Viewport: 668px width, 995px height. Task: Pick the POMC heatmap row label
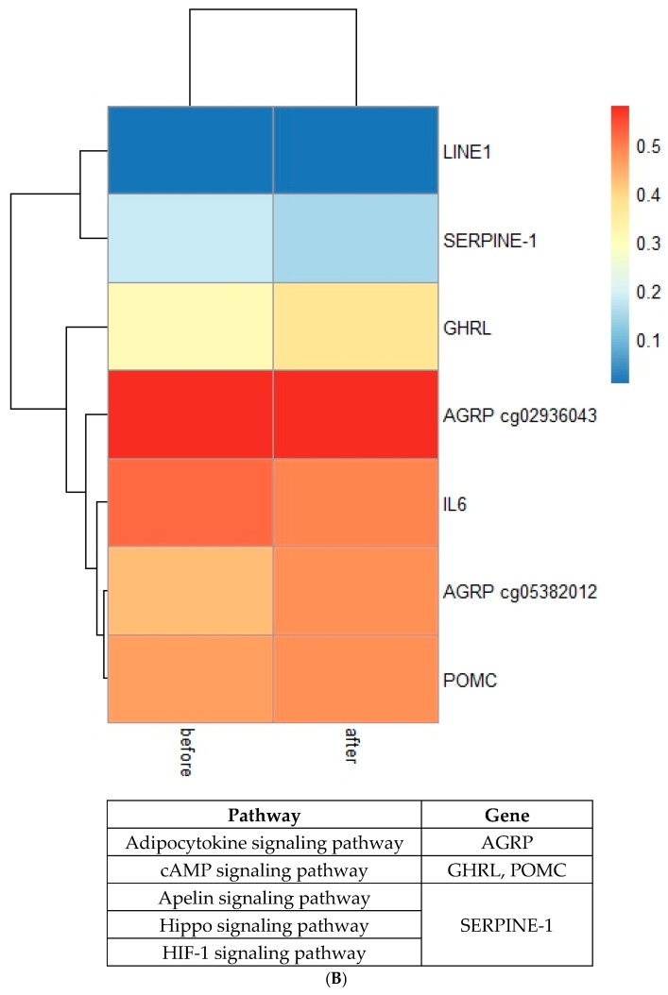pyautogui.click(x=463, y=680)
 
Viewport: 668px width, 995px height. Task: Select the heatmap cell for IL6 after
pyautogui.click(x=355, y=503)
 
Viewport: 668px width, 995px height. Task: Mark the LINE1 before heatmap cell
pyautogui.click(x=191, y=150)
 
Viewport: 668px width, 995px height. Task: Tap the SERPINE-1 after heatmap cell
pyautogui.click(x=355, y=239)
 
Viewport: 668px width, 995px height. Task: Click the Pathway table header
pyautogui.click(x=264, y=815)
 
